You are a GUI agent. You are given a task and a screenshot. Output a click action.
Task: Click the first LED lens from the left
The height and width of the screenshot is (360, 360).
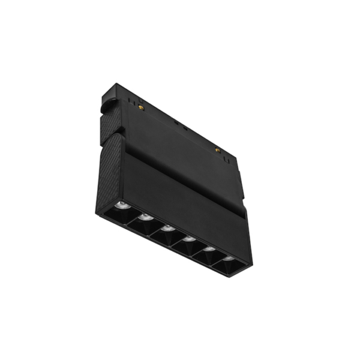[122, 206]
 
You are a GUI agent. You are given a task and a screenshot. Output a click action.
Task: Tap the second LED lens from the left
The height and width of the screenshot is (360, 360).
[145, 217]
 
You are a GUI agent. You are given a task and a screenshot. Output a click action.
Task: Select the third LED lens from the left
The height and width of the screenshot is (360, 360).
[168, 228]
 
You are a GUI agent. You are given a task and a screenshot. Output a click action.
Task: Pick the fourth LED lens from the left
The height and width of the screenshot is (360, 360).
[190, 239]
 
